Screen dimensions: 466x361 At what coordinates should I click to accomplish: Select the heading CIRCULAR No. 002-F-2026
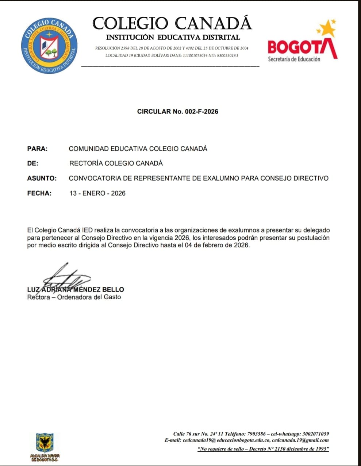pyautogui.click(x=178, y=112)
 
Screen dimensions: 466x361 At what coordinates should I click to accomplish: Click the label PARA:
pyautogui.click(x=37, y=149)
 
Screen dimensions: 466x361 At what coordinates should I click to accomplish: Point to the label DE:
pyautogui.click(x=32, y=163)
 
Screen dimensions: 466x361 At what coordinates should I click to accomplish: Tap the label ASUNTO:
pyautogui.click(x=42, y=178)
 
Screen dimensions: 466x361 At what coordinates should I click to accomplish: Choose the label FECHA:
pyautogui.click(x=39, y=193)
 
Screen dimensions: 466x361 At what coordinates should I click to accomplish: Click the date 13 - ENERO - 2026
pyautogui.click(x=97, y=193)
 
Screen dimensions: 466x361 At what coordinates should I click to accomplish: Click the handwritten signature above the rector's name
pyautogui.click(x=66, y=277)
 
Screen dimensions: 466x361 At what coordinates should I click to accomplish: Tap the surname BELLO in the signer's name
pyautogui.click(x=113, y=289)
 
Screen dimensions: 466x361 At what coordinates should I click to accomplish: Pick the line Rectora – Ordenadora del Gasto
pyautogui.click(x=74, y=297)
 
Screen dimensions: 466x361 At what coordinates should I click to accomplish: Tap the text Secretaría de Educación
pyautogui.click(x=294, y=59)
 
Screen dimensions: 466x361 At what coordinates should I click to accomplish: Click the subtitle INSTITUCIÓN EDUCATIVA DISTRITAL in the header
pyautogui.click(x=173, y=37)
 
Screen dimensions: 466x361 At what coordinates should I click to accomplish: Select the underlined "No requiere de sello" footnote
pyautogui.click(x=263, y=449)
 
